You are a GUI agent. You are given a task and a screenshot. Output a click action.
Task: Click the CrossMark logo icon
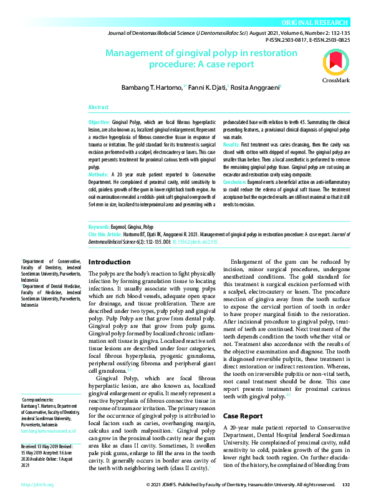pyautogui.click(x=336, y=65)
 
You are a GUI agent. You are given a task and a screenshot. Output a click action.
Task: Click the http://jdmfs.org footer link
pyautogui.click(x=37, y=484)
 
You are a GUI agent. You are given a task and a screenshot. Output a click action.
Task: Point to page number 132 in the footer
pyautogui.click(x=347, y=484)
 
